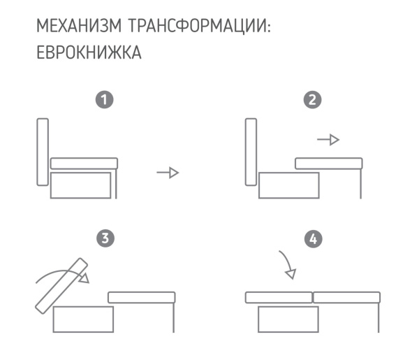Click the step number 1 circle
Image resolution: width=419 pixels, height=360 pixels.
(x=104, y=100)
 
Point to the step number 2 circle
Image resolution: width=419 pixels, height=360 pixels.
(x=314, y=100)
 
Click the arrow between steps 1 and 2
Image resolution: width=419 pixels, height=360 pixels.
(x=168, y=173)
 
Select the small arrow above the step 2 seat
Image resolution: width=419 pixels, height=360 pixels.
(x=328, y=141)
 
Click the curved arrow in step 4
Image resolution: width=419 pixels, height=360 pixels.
(x=286, y=264)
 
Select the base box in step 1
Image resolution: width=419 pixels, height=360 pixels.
(x=82, y=185)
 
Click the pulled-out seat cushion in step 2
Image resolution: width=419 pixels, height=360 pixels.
(x=328, y=164)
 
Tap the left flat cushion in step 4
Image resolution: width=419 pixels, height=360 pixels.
(x=278, y=297)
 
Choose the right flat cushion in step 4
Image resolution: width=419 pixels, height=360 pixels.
(x=346, y=297)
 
